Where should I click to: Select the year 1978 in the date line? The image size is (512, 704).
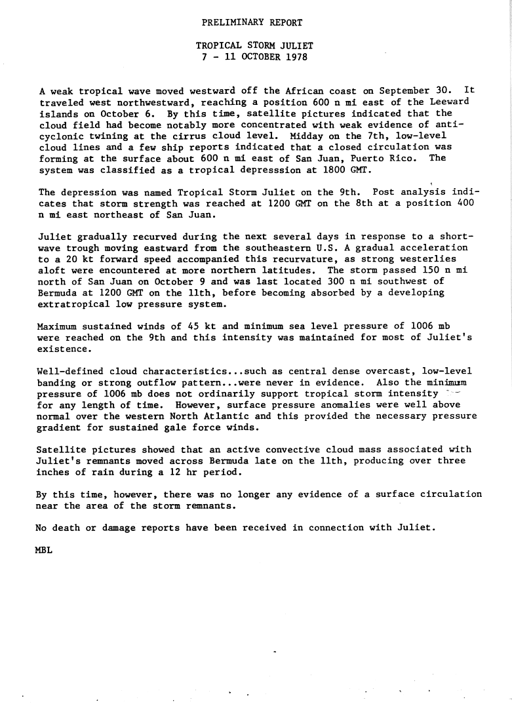tap(295, 56)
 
